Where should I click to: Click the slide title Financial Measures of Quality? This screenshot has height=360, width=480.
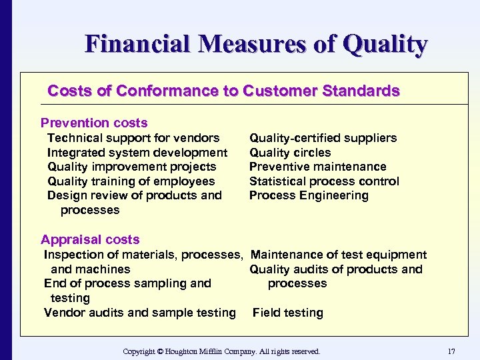256,45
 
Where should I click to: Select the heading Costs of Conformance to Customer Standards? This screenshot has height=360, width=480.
224,91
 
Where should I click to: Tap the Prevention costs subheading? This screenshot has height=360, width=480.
94,123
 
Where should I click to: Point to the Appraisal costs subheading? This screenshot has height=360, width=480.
90,239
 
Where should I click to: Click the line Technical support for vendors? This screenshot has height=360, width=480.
133,138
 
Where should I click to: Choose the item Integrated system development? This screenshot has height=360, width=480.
137,153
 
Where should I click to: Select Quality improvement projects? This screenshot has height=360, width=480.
132,167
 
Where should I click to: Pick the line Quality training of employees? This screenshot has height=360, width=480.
131,181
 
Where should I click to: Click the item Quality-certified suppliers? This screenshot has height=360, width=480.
323,138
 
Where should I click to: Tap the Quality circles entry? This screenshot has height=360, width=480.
290,153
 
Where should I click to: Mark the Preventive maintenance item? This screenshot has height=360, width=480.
317,167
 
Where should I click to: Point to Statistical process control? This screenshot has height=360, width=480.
324,181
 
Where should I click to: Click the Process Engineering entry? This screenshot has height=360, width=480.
309,195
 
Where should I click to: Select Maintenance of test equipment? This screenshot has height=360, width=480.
339,255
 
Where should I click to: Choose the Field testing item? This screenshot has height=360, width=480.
287,313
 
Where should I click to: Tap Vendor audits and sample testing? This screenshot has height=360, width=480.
140,313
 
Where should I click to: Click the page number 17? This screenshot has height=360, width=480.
451,351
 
